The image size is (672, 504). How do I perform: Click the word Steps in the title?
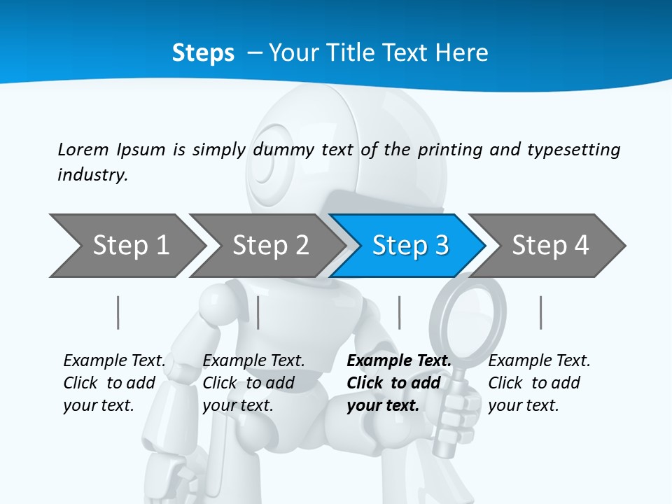(203, 53)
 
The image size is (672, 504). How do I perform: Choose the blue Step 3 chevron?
(410, 246)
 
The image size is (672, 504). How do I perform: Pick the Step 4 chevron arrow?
(550, 246)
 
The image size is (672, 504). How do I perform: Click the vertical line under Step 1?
(118, 312)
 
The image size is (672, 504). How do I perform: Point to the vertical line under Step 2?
(258, 312)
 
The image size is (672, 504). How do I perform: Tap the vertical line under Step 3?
(400, 312)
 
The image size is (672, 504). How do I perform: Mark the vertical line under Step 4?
(540, 312)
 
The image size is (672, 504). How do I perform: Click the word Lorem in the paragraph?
(83, 149)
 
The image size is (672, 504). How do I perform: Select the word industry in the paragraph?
(92, 174)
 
